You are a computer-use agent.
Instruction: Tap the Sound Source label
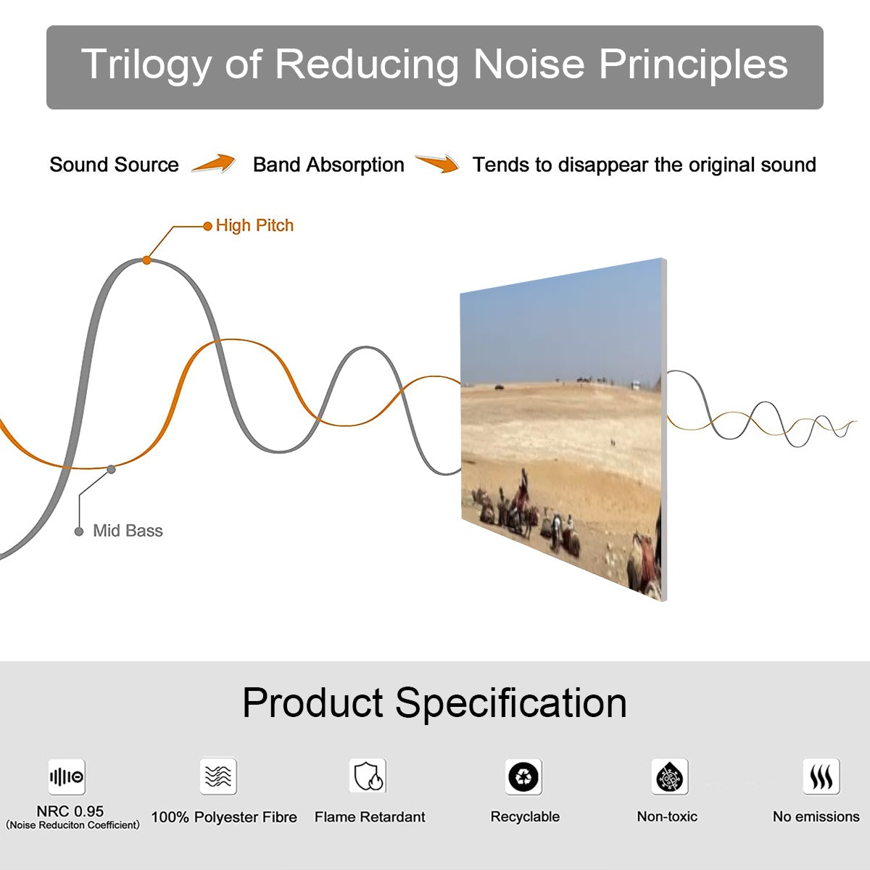click(114, 165)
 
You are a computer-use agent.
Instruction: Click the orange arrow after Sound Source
click(214, 164)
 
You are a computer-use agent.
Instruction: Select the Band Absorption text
click(328, 165)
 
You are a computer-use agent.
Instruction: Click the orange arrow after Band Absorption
click(438, 164)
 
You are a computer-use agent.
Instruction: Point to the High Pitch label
click(254, 225)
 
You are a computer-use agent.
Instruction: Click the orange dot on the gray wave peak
click(146, 260)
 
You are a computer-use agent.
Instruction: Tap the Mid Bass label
click(128, 531)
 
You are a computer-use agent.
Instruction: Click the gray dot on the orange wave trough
click(111, 469)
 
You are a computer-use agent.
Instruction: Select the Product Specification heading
click(434, 703)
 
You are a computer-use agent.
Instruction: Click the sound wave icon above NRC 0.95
click(67, 777)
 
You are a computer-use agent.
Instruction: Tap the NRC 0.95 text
click(70, 811)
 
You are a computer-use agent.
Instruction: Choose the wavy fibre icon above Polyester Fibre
click(218, 776)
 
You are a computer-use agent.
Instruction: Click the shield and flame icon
click(368, 776)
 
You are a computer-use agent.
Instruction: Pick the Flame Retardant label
click(370, 817)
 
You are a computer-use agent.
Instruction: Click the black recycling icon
click(523, 777)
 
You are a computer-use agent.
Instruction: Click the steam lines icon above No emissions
click(821, 777)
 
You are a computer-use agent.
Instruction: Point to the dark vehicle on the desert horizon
click(500, 387)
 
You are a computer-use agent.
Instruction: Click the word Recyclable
click(525, 817)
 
